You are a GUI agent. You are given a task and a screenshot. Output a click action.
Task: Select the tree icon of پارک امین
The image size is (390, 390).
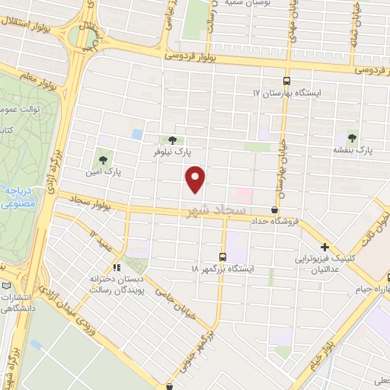pos(103,160)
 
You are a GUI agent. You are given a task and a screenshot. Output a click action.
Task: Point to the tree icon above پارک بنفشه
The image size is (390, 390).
pos(352,138)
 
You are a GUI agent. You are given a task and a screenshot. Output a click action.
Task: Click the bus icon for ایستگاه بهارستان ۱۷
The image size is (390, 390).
pos(286,81)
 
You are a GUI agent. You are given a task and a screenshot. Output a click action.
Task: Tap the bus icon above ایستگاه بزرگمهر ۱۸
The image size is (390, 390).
pos(222,257)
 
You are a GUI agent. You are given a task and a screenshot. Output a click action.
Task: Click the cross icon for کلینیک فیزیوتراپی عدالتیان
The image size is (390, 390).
pos(325,247)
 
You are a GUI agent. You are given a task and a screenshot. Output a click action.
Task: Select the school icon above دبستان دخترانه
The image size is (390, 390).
pos(117,267)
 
